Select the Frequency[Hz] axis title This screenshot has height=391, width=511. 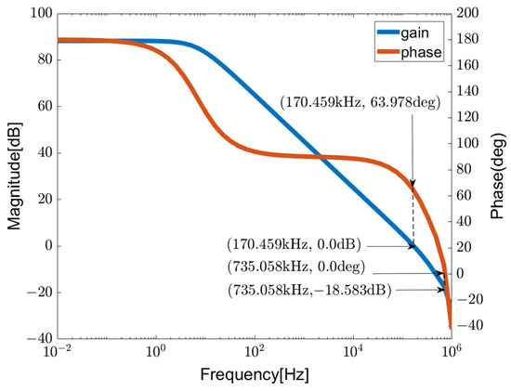[x=254, y=376]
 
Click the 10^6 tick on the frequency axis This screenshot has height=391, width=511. [x=452, y=354]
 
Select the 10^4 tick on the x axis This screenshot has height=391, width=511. [x=353, y=354]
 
